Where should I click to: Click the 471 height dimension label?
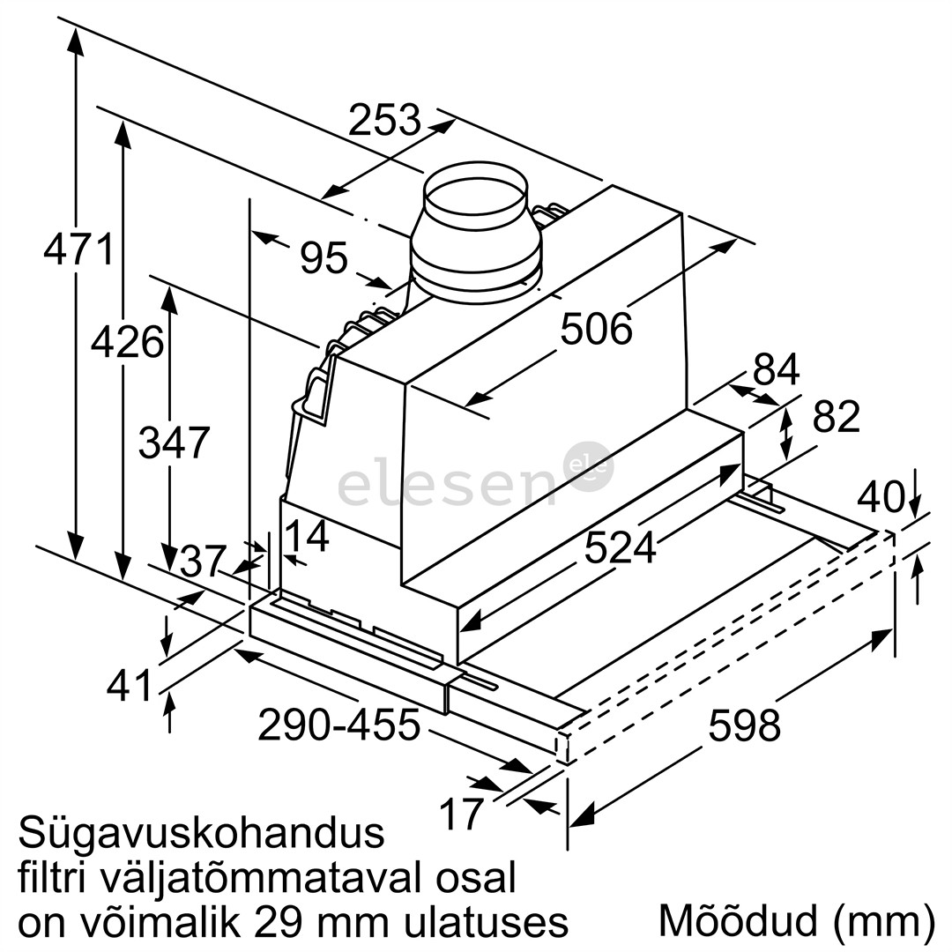(x=79, y=249)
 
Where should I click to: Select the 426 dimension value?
(x=128, y=342)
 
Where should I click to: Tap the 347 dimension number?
(x=175, y=443)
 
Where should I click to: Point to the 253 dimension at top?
(x=384, y=120)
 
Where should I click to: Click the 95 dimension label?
(x=324, y=258)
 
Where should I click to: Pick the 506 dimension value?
(x=597, y=330)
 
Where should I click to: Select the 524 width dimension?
(x=621, y=547)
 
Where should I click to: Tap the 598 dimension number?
(x=745, y=725)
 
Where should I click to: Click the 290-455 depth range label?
(x=338, y=725)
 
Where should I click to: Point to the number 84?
(x=777, y=370)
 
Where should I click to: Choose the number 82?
(x=836, y=417)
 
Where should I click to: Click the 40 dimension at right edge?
(x=881, y=499)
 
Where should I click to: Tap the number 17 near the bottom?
(x=462, y=814)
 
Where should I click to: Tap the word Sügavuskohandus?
(x=202, y=832)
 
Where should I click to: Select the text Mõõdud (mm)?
(x=796, y=921)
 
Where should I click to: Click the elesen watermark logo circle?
(x=588, y=466)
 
